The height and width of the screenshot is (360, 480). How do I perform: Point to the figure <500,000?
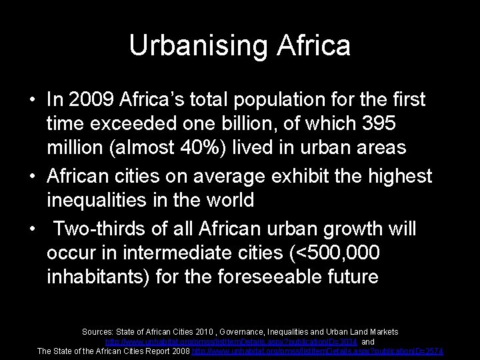[329, 253]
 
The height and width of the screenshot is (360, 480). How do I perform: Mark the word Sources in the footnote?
[97, 331]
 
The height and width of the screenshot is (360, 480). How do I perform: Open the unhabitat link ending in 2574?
[317, 351]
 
